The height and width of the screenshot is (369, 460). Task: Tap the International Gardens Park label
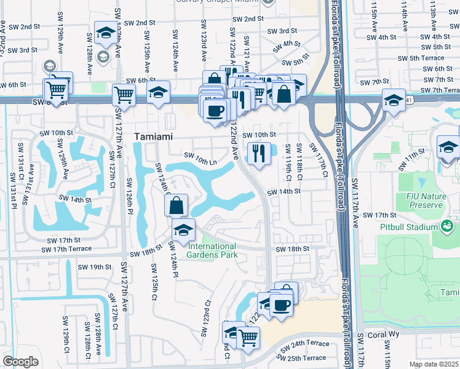coord(212,250)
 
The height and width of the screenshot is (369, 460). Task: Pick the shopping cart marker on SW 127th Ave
coord(124,95)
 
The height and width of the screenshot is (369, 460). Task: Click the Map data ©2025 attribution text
coord(433,364)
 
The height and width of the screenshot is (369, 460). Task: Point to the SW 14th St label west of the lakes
coord(75,199)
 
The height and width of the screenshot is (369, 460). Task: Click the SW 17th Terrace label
coord(66,249)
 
